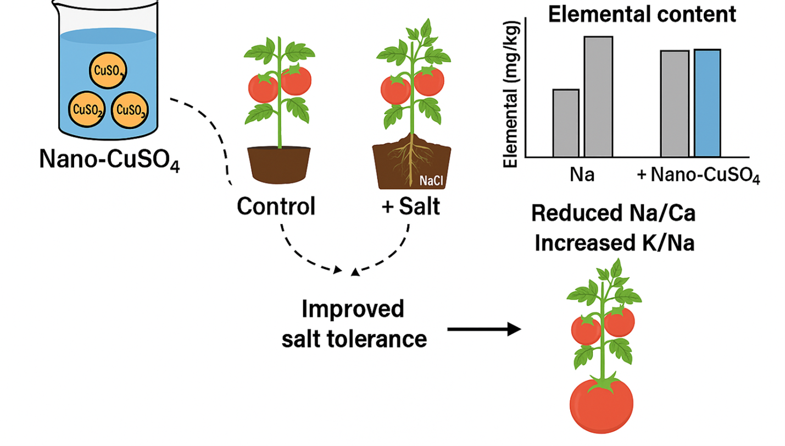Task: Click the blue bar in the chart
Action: pyautogui.click(x=707, y=103)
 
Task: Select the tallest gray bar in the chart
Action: pyautogui.click(x=598, y=96)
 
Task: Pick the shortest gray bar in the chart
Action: pyautogui.click(x=566, y=123)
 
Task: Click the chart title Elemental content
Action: pyautogui.click(x=642, y=14)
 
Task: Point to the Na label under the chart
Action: pyautogui.click(x=582, y=175)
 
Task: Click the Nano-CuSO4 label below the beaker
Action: pyautogui.click(x=109, y=159)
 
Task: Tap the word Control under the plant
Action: pyautogui.click(x=276, y=207)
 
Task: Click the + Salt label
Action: pyautogui.click(x=411, y=207)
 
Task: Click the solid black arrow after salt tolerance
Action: pyautogui.click(x=483, y=329)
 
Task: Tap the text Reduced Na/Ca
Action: pyautogui.click(x=613, y=214)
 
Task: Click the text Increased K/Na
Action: pyautogui.click(x=614, y=243)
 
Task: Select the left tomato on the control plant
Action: pyautogui.click(x=263, y=87)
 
